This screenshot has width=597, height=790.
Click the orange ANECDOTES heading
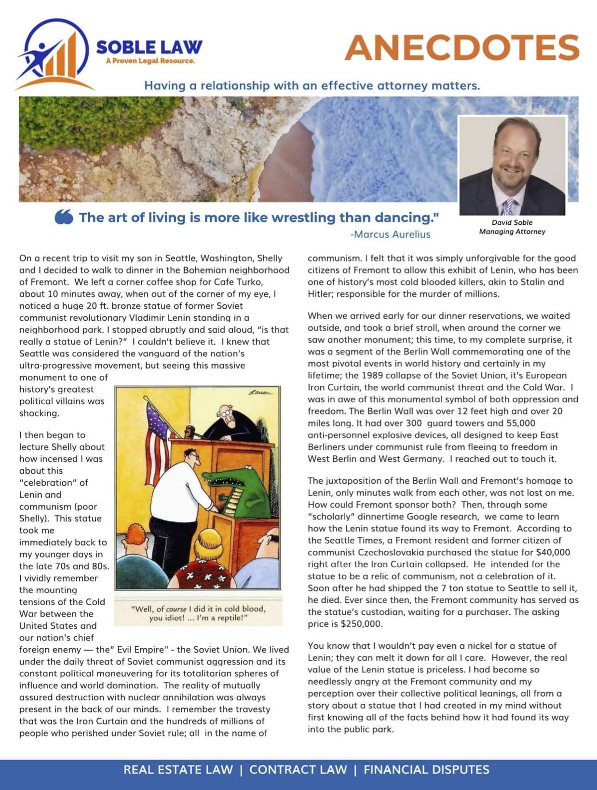click(x=461, y=48)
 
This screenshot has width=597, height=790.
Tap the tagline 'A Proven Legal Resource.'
click(x=150, y=61)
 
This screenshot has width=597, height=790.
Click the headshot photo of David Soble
click(x=512, y=165)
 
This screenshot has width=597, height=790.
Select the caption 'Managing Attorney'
click(x=512, y=232)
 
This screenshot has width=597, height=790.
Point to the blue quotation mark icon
click(x=64, y=218)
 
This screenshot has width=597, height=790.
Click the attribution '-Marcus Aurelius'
click(x=390, y=234)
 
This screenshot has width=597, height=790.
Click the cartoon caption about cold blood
click(x=198, y=613)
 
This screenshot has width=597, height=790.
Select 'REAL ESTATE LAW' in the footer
click(x=178, y=770)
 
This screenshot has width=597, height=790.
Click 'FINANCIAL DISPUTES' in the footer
click(x=426, y=770)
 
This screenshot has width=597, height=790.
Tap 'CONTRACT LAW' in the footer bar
click(x=298, y=770)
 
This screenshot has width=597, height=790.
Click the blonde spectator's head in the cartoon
click(x=210, y=542)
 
